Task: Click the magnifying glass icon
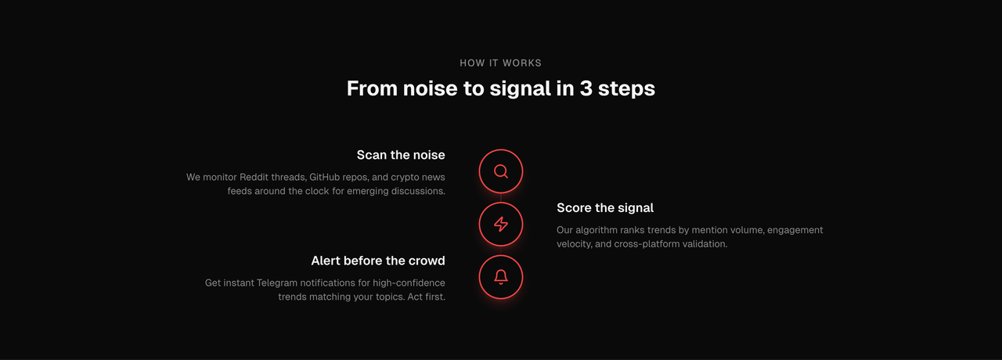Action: point(500,171)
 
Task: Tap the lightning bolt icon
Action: point(500,224)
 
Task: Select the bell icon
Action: point(500,277)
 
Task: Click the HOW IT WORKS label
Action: point(500,63)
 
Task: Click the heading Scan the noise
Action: point(401,155)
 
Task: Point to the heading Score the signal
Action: point(605,207)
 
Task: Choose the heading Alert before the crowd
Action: point(378,261)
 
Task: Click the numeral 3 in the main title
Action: point(586,88)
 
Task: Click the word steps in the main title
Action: point(627,89)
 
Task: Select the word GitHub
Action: point(324,177)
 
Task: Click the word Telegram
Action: point(277,283)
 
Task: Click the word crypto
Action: point(405,178)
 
